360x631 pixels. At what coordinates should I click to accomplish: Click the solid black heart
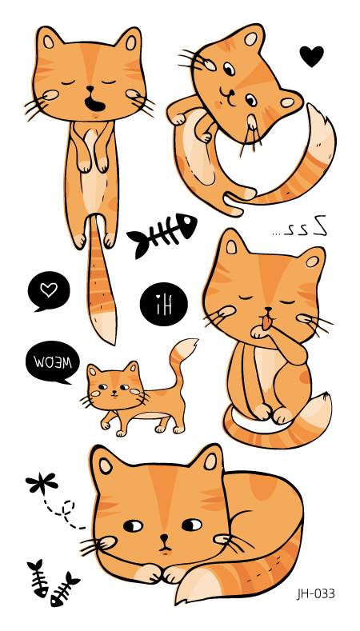(x=312, y=56)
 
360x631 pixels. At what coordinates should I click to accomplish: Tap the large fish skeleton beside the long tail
(x=162, y=234)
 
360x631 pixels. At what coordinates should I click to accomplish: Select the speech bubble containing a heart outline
(x=48, y=290)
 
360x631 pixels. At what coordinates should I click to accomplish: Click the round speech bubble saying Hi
(x=162, y=303)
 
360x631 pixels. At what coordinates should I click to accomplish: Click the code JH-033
(x=315, y=593)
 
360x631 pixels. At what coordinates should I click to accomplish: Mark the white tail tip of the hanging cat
(x=104, y=325)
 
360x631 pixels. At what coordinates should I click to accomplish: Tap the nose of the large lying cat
(x=163, y=538)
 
